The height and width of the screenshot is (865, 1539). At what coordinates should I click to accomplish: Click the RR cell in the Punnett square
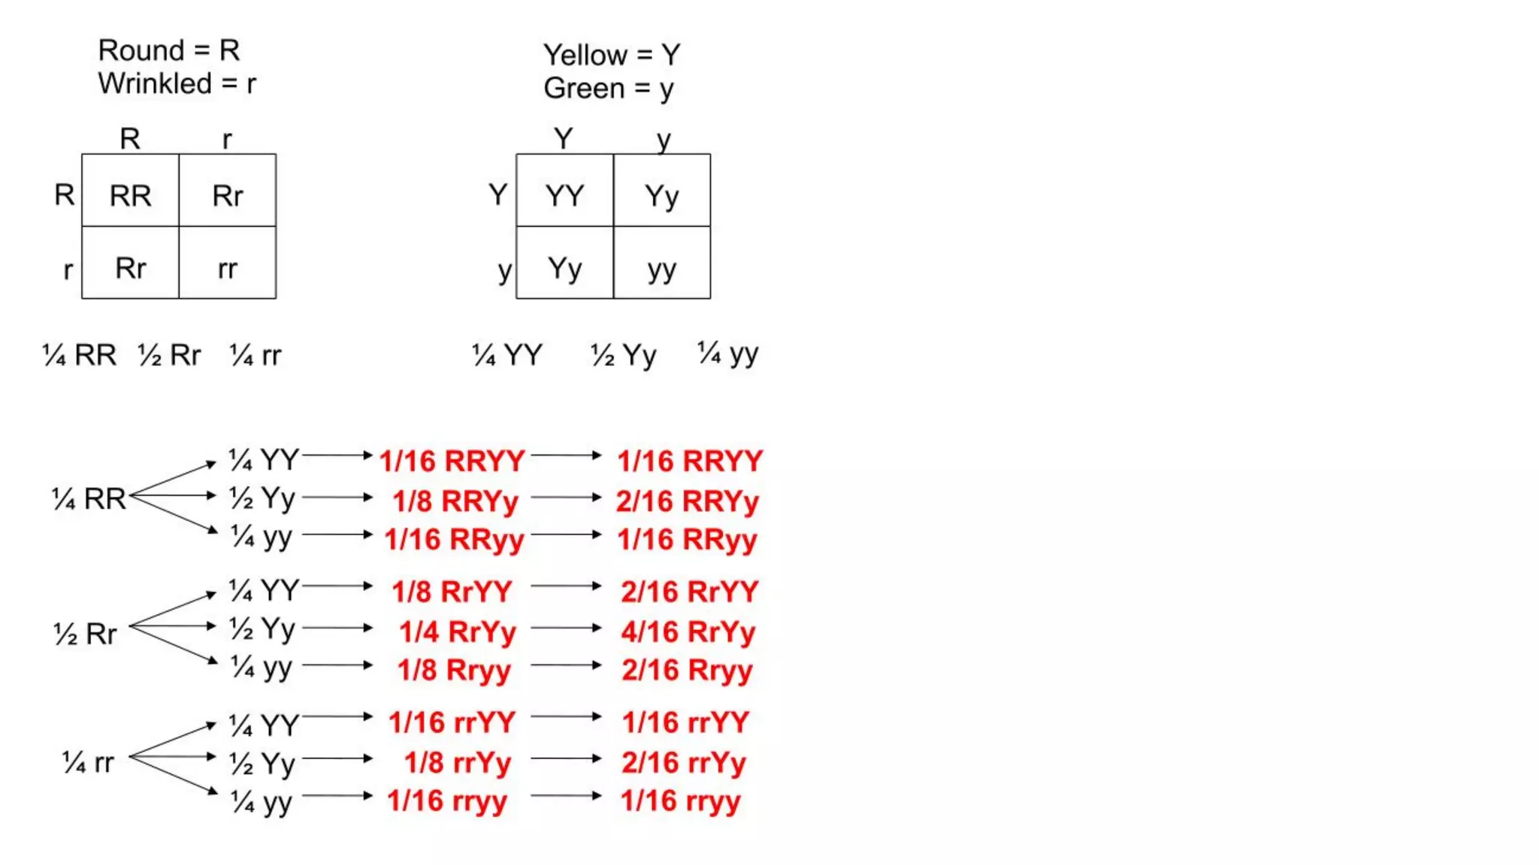(130, 196)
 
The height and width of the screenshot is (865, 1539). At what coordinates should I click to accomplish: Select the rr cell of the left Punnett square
(227, 268)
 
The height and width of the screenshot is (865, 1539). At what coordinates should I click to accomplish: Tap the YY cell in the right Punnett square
(564, 196)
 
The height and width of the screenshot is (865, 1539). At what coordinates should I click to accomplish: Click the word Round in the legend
(141, 51)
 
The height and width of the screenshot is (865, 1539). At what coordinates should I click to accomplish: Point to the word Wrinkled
(155, 83)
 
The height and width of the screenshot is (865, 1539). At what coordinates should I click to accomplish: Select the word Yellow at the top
(585, 55)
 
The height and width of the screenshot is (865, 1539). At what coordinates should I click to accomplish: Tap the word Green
(584, 89)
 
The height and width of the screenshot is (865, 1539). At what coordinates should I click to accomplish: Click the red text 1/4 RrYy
(457, 632)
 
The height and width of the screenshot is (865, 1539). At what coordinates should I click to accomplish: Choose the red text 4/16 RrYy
(688, 632)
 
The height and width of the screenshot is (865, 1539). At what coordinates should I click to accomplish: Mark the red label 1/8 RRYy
(455, 502)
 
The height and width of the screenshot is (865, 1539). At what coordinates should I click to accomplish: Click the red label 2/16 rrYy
(683, 763)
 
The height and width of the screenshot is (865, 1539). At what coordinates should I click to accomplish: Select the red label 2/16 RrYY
(689, 592)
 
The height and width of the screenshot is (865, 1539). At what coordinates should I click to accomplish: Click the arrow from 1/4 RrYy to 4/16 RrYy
(566, 628)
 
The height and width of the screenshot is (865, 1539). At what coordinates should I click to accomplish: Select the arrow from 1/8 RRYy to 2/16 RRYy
(566, 497)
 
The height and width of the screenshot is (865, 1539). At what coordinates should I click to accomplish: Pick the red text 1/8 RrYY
(452, 592)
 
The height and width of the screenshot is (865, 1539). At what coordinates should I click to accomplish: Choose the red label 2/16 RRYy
(687, 502)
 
